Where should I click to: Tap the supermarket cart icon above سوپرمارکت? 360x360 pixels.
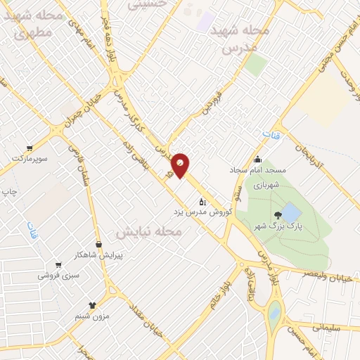[30, 148]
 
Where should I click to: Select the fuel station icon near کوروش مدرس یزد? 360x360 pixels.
[203, 201]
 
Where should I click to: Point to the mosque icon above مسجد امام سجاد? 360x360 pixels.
[258, 159]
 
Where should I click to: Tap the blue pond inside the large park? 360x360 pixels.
[291, 213]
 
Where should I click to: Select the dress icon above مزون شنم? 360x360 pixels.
[91, 304]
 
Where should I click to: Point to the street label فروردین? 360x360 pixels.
[214, 98]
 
